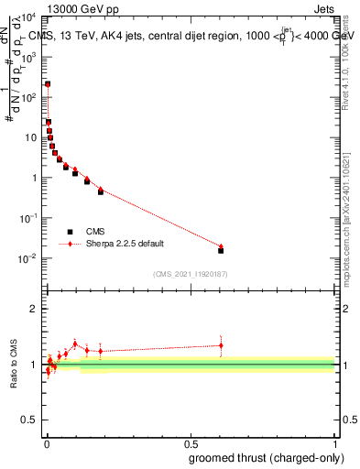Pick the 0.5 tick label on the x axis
point(191,443)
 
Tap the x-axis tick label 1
point(334,443)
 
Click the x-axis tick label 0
point(47,443)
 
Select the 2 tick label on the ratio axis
point(35,309)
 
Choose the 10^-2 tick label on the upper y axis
point(29,258)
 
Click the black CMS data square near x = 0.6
point(221,250)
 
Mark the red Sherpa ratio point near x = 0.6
point(221,345)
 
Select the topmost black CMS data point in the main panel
point(48,84)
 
